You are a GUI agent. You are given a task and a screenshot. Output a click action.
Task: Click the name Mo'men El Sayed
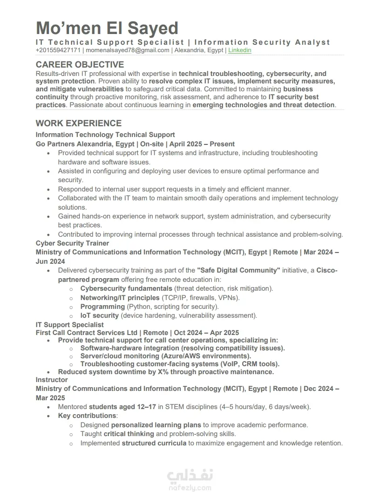click(x=107, y=28)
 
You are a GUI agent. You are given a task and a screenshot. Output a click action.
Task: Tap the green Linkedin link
click(x=239, y=50)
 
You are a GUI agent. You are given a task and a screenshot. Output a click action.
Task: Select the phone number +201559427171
click(x=58, y=50)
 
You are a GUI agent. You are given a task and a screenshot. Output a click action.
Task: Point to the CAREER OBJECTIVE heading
click(x=80, y=64)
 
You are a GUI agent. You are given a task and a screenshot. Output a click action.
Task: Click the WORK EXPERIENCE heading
click(x=79, y=123)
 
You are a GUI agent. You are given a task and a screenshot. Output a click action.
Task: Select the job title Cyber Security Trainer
click(x=72, y=243)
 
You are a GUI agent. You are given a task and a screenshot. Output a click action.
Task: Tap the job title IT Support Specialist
click(x=70, y=325)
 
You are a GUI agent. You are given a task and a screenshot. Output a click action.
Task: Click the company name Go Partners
click(x=55, y=144)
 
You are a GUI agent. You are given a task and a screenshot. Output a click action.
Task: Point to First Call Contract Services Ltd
click(x=87, y=333)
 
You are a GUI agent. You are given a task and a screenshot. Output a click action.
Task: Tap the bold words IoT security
click(x=100, y=315)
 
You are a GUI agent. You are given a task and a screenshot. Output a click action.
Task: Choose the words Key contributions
click(x=87, y=416)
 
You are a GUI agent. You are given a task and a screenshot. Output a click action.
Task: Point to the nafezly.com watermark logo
click(x=190, y=480)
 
